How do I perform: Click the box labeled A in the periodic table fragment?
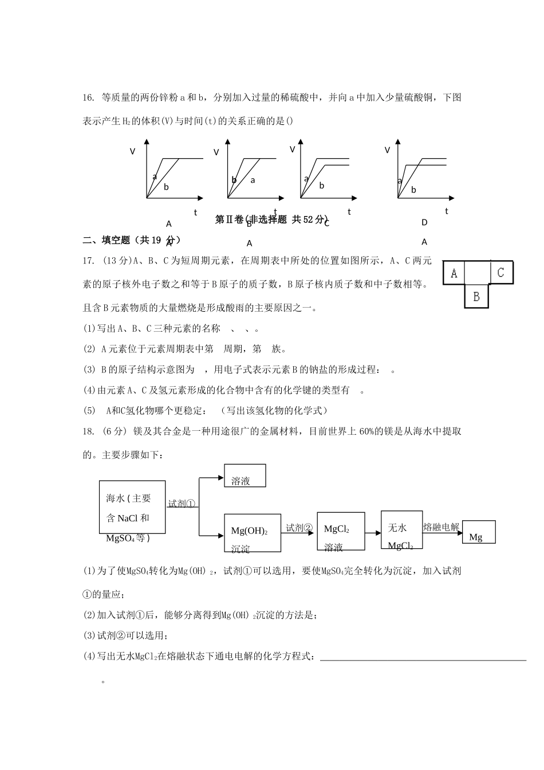pyautogui.click(x=454, y=273)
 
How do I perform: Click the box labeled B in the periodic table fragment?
pyautogui.click(x=476, y=297)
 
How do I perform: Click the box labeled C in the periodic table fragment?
pyautogui.click(x=501, y=273)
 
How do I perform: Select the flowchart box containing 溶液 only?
pyautogui.click(x=245, y=476)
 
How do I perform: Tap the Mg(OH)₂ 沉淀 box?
pyautogui.click(x=252, y=533)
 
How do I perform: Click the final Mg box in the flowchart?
pyautogui.click(x=478, y=532)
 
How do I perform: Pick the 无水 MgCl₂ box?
pyautogui.click(x=402, y=530)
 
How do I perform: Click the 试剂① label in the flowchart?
pyautogui.click(x=182, y=504)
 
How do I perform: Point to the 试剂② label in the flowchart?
pyautogui.click(x=299, y=528)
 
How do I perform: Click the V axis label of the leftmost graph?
pyautogui.click(x=133, y=151)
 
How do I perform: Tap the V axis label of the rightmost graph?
pyautogui.click(x=387, y=150)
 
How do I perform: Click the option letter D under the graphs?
pyautogui.click(x=424, y=222)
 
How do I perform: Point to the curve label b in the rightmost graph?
pyautogui.click(x=413, y=190)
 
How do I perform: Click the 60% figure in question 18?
pyautogui.click(x=366, y=431)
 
